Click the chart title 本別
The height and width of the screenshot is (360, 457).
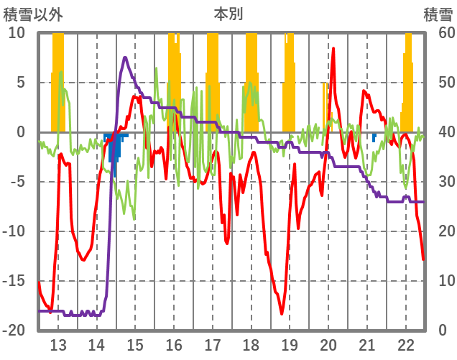(228, 14)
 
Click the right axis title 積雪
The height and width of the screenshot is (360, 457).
(438, 14)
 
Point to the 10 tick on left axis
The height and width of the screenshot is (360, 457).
(17, 33)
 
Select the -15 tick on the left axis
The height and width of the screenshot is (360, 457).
(14, 281)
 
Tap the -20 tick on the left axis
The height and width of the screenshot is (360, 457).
(14, 331)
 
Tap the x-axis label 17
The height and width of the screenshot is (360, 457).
(213, 344)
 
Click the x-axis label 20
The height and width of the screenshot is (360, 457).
(328, 344)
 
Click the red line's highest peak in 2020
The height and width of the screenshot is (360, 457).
(333, 48)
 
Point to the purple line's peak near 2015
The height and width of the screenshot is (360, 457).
(125, 57)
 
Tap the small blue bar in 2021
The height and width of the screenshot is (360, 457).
(374, 137)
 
